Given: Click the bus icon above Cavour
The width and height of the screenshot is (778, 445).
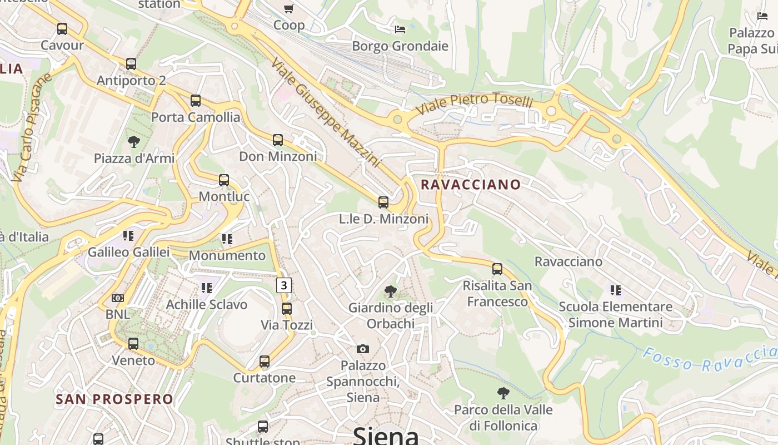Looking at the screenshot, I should click(62, 28).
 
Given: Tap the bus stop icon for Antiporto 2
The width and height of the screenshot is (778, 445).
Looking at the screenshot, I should click(131, 64).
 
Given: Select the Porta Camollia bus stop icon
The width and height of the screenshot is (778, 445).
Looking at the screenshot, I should click(196, 101).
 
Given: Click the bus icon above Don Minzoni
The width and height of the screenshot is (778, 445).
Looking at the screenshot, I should click(278, 140).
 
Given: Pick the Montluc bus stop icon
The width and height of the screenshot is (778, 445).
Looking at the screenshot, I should click(224, 180).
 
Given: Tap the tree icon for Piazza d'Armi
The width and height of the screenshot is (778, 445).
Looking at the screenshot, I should click(133, 142).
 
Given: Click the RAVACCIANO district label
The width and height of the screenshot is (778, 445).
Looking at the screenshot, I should click(471, 185).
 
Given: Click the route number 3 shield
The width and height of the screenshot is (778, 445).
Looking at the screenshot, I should click(284, 285).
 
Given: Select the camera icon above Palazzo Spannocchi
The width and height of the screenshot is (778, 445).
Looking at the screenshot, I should click(363, 349).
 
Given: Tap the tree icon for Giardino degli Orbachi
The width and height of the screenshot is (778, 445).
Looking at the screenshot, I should click(391, 291).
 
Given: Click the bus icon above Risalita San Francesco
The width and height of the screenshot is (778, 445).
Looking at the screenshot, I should click(497, 269).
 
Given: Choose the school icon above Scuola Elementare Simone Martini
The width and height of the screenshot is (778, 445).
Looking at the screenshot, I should click(615, 290).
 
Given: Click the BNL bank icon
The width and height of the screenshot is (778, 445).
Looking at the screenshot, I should click(118, 298).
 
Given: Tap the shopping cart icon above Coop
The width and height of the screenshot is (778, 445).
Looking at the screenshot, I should click(288, 8).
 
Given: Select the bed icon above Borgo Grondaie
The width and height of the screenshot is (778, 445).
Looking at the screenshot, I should click(400, 29).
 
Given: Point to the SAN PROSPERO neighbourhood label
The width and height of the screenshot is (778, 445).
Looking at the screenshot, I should click(114, 399).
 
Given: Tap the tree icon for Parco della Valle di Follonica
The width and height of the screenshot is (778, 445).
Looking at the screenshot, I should click(503, 393).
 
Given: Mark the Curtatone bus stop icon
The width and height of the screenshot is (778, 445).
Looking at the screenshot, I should click(265, 362).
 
